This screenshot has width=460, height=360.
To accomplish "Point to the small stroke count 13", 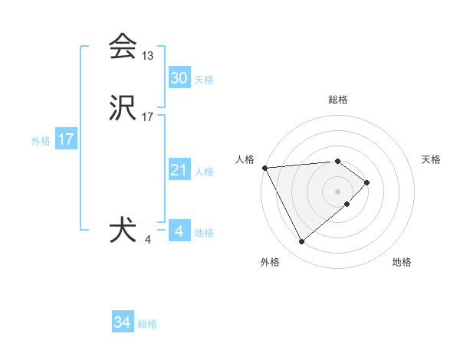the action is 148,56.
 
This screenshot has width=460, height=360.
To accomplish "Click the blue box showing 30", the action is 179,78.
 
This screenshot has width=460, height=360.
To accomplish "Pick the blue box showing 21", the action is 179,170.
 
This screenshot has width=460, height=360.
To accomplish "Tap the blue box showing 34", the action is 123,322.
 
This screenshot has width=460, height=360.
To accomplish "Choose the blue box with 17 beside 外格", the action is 66,140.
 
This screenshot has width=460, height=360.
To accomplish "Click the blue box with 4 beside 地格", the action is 179,231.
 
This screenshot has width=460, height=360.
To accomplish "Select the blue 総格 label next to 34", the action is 147,324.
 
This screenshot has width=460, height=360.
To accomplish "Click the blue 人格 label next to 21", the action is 205,172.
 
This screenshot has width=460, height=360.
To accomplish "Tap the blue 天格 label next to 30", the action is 204,80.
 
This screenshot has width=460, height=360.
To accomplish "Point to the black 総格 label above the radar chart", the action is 338,100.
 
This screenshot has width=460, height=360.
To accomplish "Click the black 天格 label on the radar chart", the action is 432,159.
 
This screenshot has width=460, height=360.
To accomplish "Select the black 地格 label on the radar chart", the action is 402,262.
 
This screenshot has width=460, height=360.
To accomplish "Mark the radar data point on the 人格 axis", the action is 264,168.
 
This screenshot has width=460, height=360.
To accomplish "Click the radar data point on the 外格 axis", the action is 301,242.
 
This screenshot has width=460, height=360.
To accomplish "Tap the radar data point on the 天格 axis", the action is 367,182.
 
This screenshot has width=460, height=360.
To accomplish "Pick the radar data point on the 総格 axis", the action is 338,161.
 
